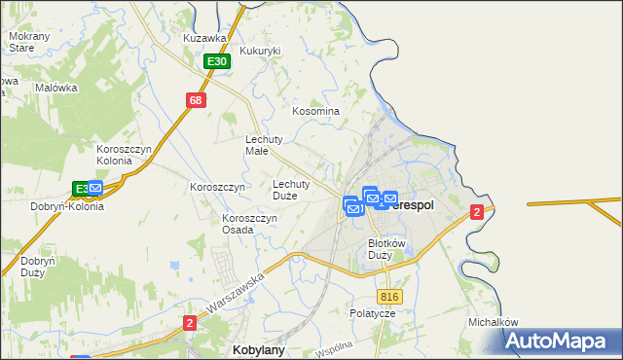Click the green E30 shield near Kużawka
217,61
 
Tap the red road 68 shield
196,100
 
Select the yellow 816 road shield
390,297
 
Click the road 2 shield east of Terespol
476,212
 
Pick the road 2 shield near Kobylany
189,321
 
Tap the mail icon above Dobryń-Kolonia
94,187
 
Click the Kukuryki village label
260,51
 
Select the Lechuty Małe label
263,145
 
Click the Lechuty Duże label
291,189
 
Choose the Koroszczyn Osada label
250,224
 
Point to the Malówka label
55,88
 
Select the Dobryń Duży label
40,268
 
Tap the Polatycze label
373,314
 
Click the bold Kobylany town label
258,348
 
